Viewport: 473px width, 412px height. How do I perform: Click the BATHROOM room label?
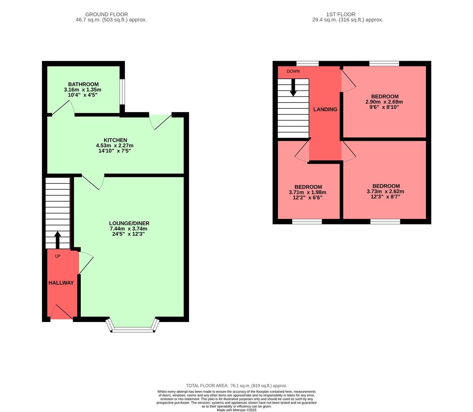(83, 84)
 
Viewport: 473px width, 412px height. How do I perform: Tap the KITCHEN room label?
(115, 140)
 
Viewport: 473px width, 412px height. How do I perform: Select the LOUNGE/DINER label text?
(129, 223)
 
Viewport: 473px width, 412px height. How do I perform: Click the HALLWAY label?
(61, 283)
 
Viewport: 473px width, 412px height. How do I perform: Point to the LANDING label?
(325, 109)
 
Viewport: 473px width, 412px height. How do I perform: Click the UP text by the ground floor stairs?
(58, 256)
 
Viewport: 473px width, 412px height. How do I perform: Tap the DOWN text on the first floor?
(293, 71)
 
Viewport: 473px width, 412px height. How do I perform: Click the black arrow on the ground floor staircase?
(58, 240)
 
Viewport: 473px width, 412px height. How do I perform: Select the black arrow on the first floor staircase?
(293, 87)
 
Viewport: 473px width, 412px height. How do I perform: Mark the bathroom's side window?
(122, 92)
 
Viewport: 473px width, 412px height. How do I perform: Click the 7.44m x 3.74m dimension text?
(128, 229)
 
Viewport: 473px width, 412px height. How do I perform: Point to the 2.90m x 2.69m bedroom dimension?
(384, 102)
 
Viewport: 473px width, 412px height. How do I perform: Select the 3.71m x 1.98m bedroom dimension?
(308, 192)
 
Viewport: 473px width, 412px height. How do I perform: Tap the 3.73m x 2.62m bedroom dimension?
(385, 192)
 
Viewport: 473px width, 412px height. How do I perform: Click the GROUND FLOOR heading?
(106, 14)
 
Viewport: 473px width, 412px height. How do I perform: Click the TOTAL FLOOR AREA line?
(236, 386)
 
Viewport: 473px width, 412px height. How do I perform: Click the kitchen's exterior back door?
(160, 121)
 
